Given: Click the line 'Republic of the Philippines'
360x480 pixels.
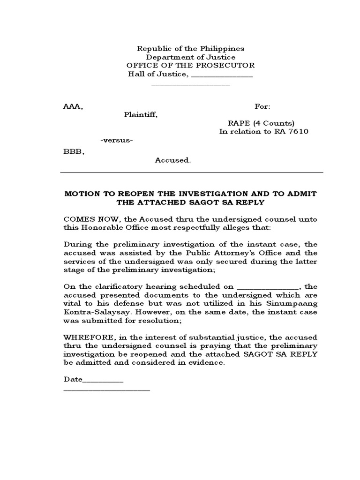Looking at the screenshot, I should click(x=190, y=49).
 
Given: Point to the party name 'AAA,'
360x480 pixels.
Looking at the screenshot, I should click(x=73, y=107).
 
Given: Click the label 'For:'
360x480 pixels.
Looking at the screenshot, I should click(x=262, y=107).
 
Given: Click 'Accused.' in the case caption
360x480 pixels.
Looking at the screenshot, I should click(x=173, y=160).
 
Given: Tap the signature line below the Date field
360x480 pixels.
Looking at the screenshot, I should click(x=106, y=390).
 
